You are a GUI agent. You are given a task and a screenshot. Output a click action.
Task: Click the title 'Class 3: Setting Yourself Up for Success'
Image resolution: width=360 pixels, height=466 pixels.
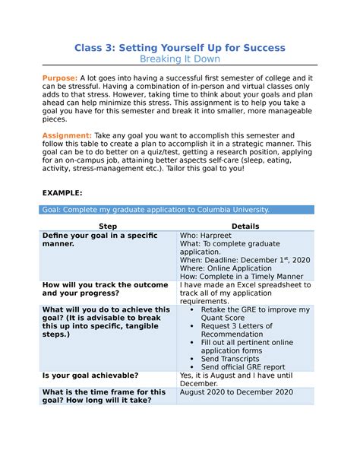coord(179,48)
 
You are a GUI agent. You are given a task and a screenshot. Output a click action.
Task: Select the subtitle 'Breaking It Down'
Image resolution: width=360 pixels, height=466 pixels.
coord(179,60)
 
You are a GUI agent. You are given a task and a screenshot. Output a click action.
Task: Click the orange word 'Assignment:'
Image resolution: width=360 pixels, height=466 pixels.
coord(68,135)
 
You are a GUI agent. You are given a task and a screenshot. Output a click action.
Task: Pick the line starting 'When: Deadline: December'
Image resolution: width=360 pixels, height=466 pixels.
coord(245,259)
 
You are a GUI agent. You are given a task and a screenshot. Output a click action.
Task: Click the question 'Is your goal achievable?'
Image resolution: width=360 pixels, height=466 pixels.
coord(90,376)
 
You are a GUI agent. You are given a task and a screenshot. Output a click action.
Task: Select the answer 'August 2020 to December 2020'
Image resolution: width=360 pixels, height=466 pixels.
coord(235,392)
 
